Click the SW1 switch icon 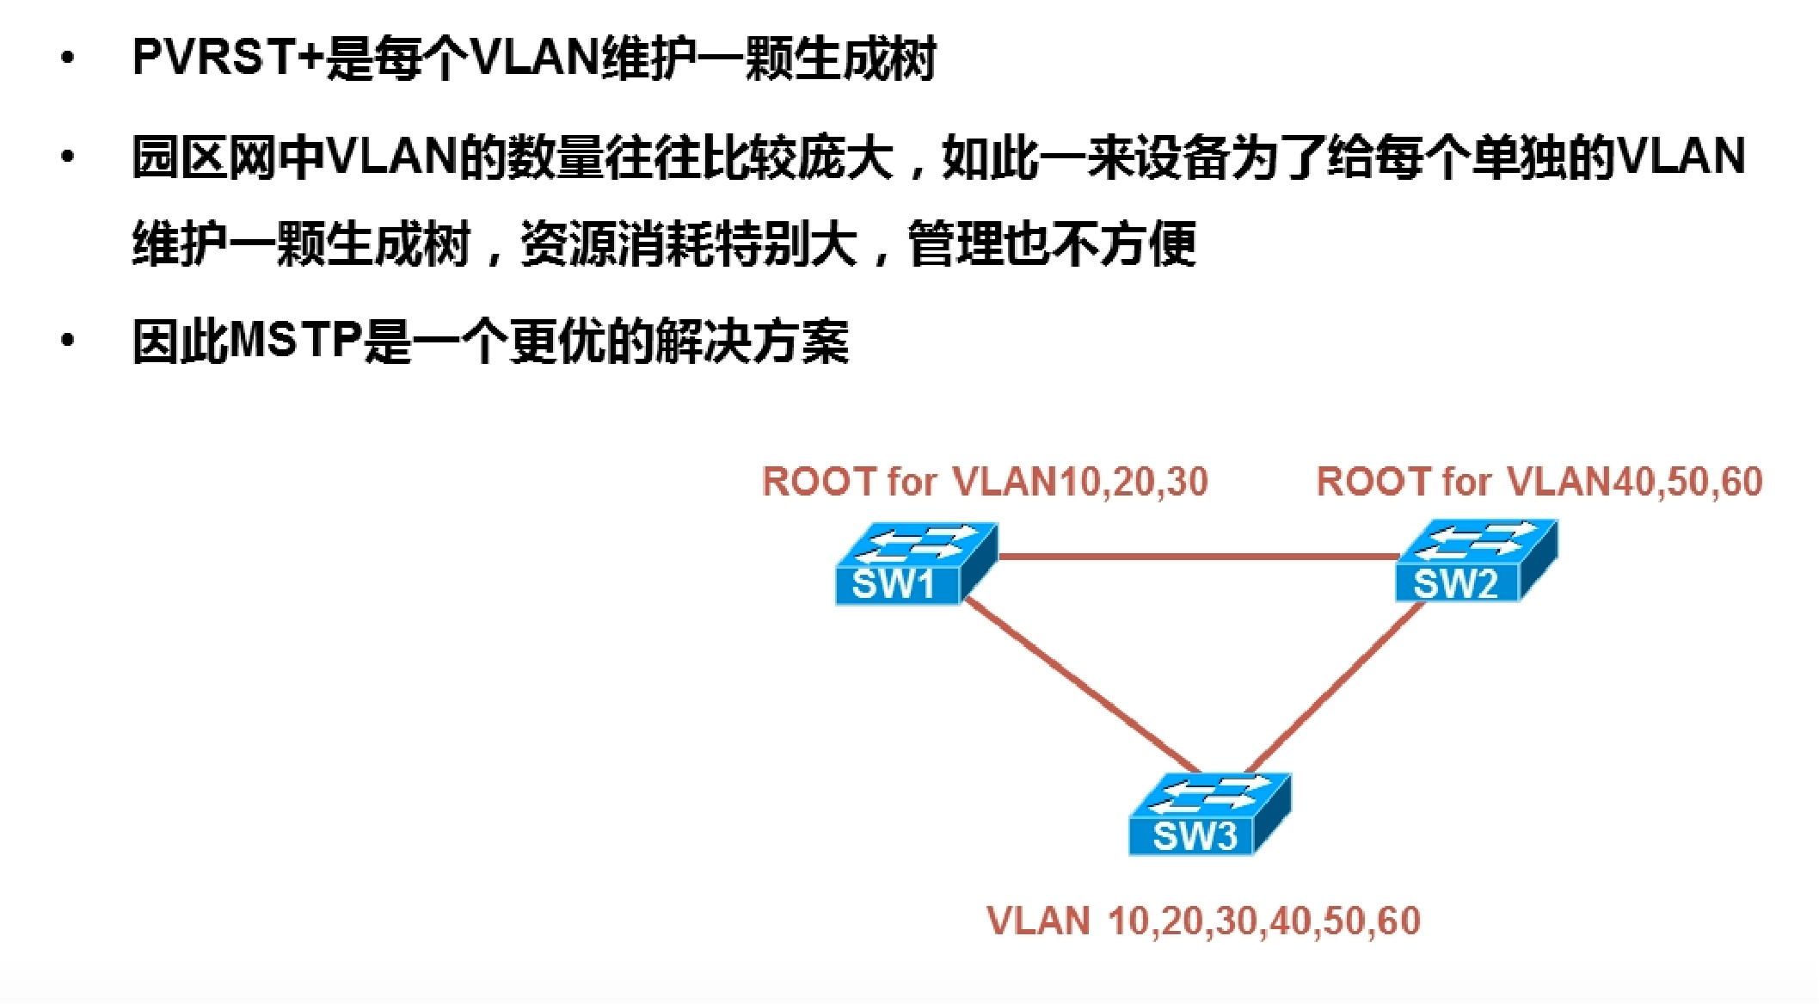(914, 564)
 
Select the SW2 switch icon (1475, 561)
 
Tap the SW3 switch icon (1208, 814)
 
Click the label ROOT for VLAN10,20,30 (985, 482)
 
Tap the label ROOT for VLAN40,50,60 (1539, 482)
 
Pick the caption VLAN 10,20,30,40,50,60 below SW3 (1203, 921)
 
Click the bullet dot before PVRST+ (68, 59)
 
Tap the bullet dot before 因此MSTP (68, 341)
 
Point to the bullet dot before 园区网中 (68, 157)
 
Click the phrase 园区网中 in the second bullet (227, 157)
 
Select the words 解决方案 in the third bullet (752, 341)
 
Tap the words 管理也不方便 (1051, 244)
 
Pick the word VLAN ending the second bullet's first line (1681, 157)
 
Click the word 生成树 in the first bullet (864, 59)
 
